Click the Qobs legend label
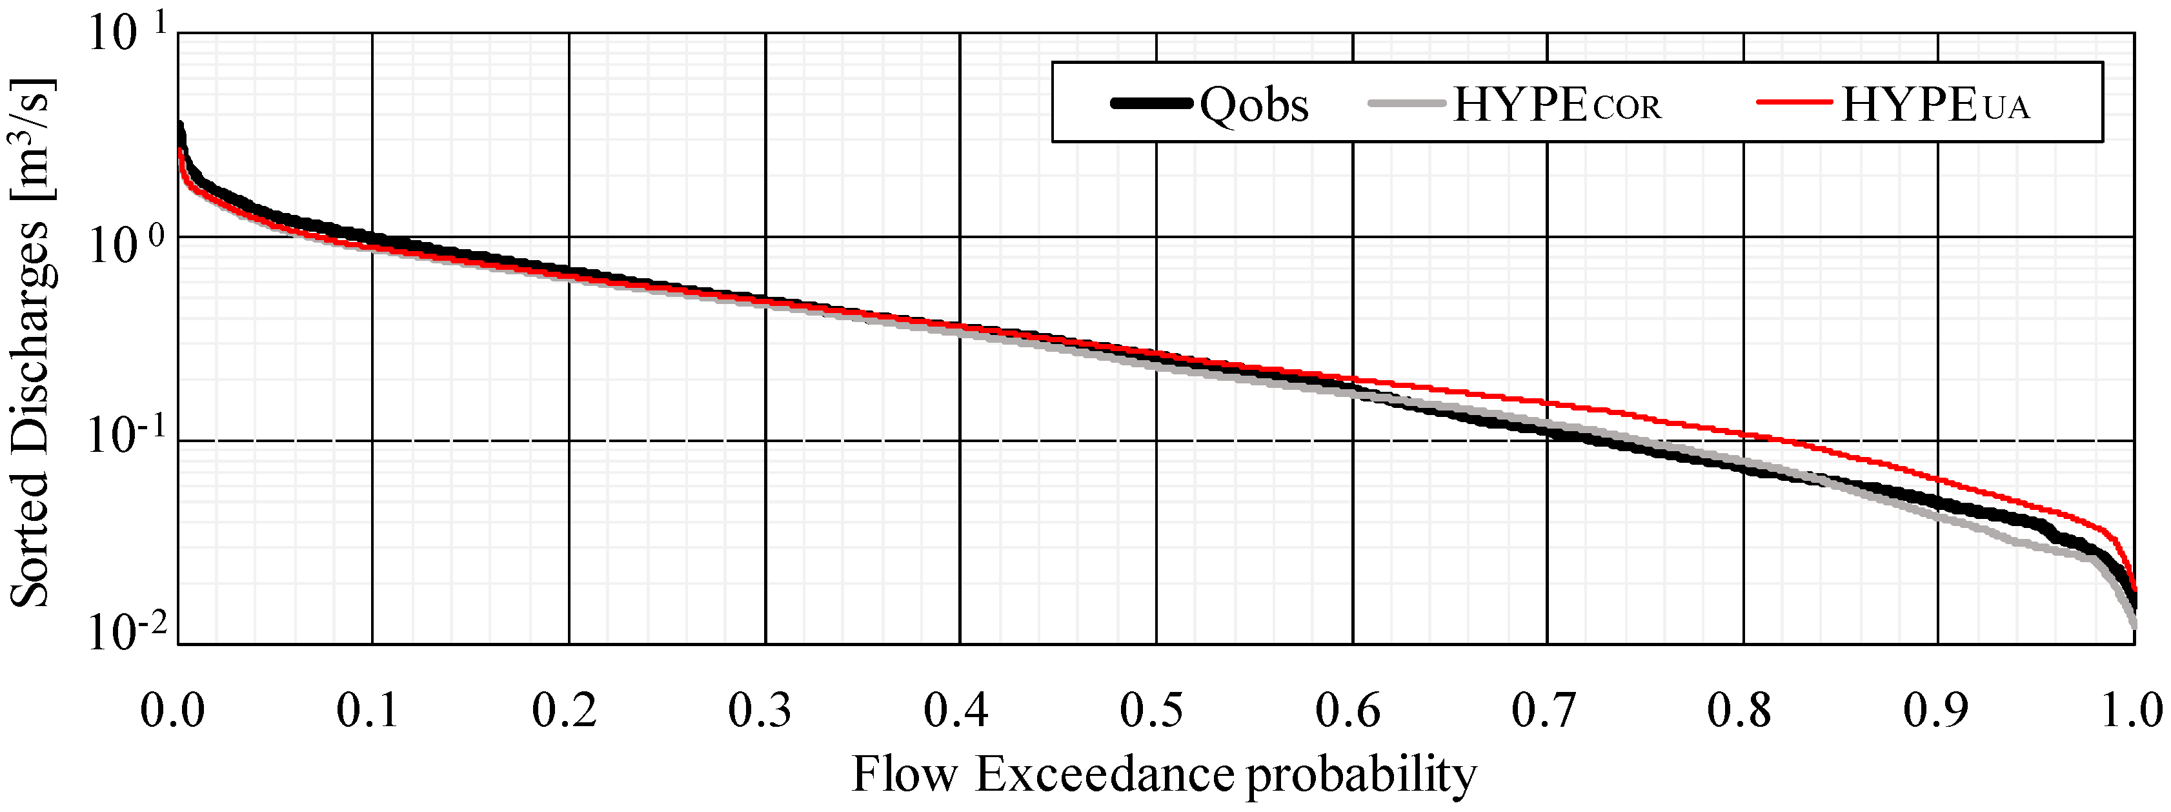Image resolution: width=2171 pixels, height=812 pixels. coord(1253,105)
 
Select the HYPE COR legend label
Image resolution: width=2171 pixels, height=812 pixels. coord(1556,105)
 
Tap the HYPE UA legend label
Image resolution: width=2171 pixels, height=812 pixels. coord(1934,105)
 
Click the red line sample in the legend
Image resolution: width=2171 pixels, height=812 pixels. coord(1793,102)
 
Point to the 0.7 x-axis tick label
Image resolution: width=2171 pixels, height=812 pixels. coord(1543,709)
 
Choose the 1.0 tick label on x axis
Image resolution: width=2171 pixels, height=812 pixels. coord(2130,709)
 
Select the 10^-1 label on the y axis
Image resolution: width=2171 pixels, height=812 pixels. coord(126,438)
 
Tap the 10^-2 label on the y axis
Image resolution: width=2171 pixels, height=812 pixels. coord(126,633)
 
